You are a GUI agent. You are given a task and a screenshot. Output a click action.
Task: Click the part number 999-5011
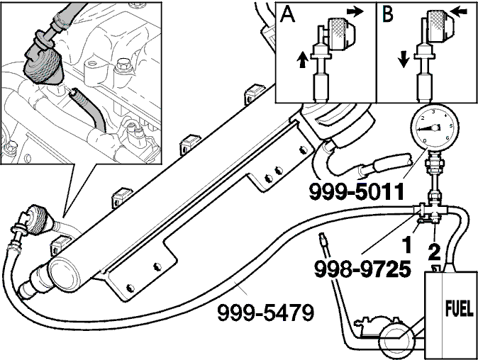pos(357,192)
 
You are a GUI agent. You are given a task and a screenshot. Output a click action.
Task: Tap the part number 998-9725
pos(362,269)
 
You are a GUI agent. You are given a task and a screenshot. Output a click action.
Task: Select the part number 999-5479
pos(265,313)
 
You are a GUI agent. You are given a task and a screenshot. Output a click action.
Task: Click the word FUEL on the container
pos(460,308)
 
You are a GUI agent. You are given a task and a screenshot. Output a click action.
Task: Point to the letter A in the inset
pos(287,14)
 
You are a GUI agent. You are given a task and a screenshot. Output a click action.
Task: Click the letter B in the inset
pos(387,14)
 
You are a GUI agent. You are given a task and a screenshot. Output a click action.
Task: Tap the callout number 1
pos(406,245)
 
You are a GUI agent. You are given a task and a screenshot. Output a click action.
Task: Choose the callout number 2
pos(434,252)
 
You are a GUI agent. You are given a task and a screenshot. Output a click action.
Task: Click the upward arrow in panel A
pos(302,60)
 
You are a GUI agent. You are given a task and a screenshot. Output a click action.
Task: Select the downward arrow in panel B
pos(404,60)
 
